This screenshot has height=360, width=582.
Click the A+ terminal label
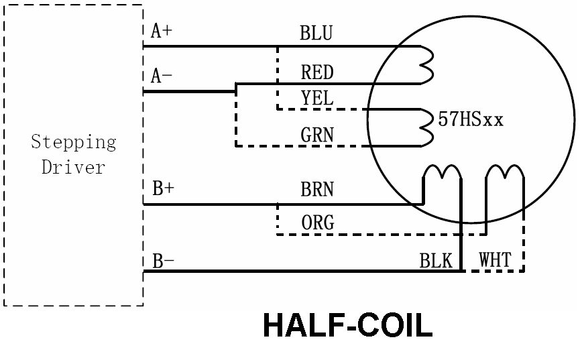tap(161, 32)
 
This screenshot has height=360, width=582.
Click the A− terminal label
tap(162, 75)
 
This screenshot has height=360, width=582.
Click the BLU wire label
tap(316, 33)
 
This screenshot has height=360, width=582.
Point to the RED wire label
tap(316, 71)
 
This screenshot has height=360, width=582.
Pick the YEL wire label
tap(316, 98)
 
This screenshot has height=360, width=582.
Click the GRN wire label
tap(316, 135)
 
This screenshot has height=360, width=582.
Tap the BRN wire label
tap(316, 189)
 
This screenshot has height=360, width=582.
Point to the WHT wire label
tap(495, 260)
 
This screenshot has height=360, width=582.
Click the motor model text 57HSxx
tap(469, 121)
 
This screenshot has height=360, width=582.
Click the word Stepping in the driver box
tap(74, 143)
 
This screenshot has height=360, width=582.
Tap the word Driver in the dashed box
tap(74, 167)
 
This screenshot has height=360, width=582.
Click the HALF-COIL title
tap(347, 326)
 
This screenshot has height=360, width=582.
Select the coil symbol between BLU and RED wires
tap(426, 65)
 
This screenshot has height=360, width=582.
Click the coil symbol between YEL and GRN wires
tap(426, 127)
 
